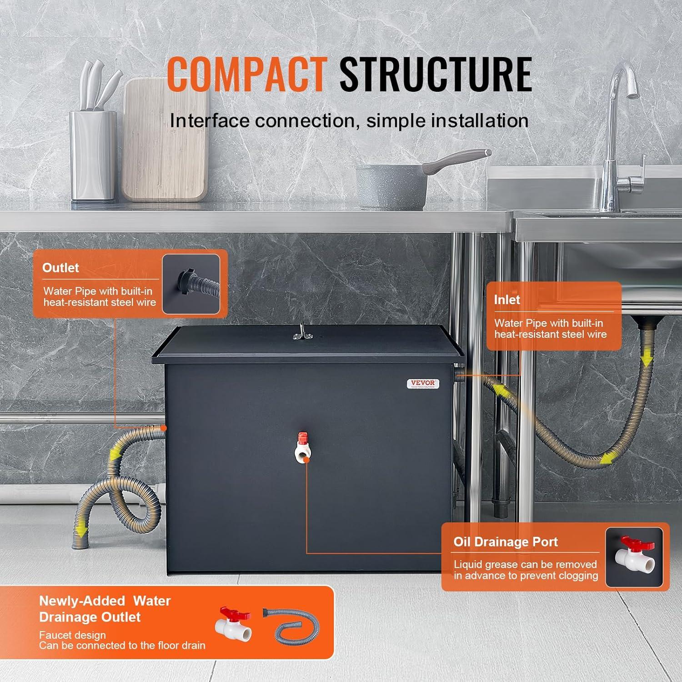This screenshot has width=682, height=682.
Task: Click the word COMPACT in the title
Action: click(246, 75)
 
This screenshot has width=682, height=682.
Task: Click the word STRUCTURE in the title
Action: click(436, 75)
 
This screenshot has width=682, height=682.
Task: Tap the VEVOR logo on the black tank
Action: click(423, 384)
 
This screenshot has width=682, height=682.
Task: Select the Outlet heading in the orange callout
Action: click(60, 268)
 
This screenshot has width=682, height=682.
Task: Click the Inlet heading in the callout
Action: click(507, 300)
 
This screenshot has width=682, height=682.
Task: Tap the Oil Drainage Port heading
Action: click(506, 542)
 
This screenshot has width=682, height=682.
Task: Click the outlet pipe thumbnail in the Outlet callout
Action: click(191, 284)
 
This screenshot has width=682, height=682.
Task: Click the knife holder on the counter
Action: click(94, 155)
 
